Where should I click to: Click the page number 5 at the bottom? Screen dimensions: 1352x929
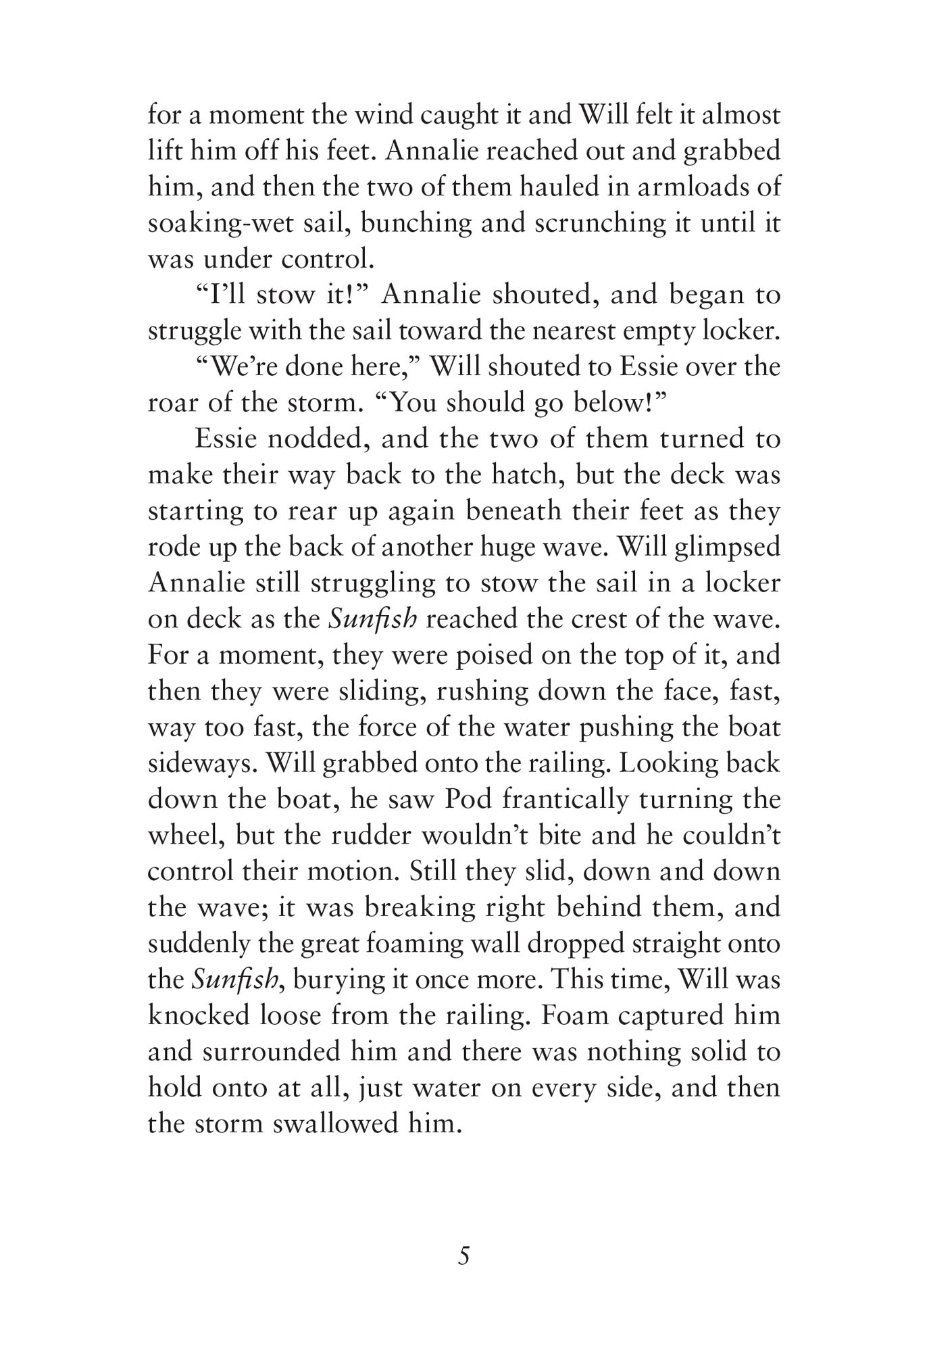coord(463,1256)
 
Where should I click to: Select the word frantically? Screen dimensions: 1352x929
coord(570,800)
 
